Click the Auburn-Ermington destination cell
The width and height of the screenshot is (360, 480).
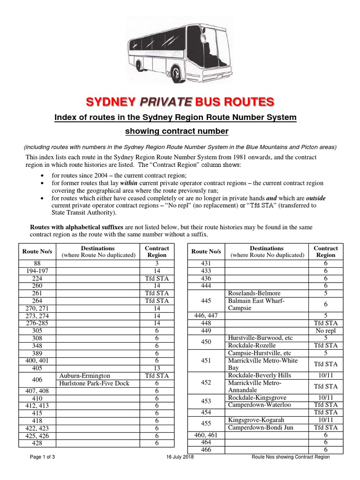85,375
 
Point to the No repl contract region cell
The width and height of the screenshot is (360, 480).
325,330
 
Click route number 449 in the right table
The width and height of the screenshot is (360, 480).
206,330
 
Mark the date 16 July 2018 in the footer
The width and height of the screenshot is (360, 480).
180,457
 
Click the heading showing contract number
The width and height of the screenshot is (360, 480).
180,131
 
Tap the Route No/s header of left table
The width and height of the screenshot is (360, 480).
37,251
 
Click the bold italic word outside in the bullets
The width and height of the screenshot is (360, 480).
315,198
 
